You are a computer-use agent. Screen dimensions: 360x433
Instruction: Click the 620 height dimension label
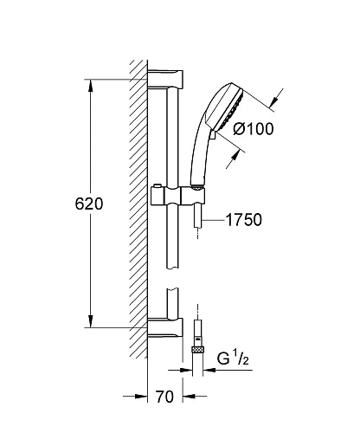(89, 204)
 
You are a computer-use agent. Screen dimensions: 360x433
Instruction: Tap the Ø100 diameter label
(254, 129)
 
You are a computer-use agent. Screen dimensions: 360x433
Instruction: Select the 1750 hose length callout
(244, 220)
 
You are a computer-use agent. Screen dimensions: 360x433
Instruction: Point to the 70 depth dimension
(165, 397)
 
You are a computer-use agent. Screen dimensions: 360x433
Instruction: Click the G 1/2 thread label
(233, 359)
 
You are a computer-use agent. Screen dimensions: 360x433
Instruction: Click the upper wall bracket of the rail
(165, 79)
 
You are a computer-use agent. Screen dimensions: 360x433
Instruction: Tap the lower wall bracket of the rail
(165, 327)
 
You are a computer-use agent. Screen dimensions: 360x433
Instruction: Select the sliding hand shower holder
(177, 196)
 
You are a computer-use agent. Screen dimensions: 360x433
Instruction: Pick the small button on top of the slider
(157, 185)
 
